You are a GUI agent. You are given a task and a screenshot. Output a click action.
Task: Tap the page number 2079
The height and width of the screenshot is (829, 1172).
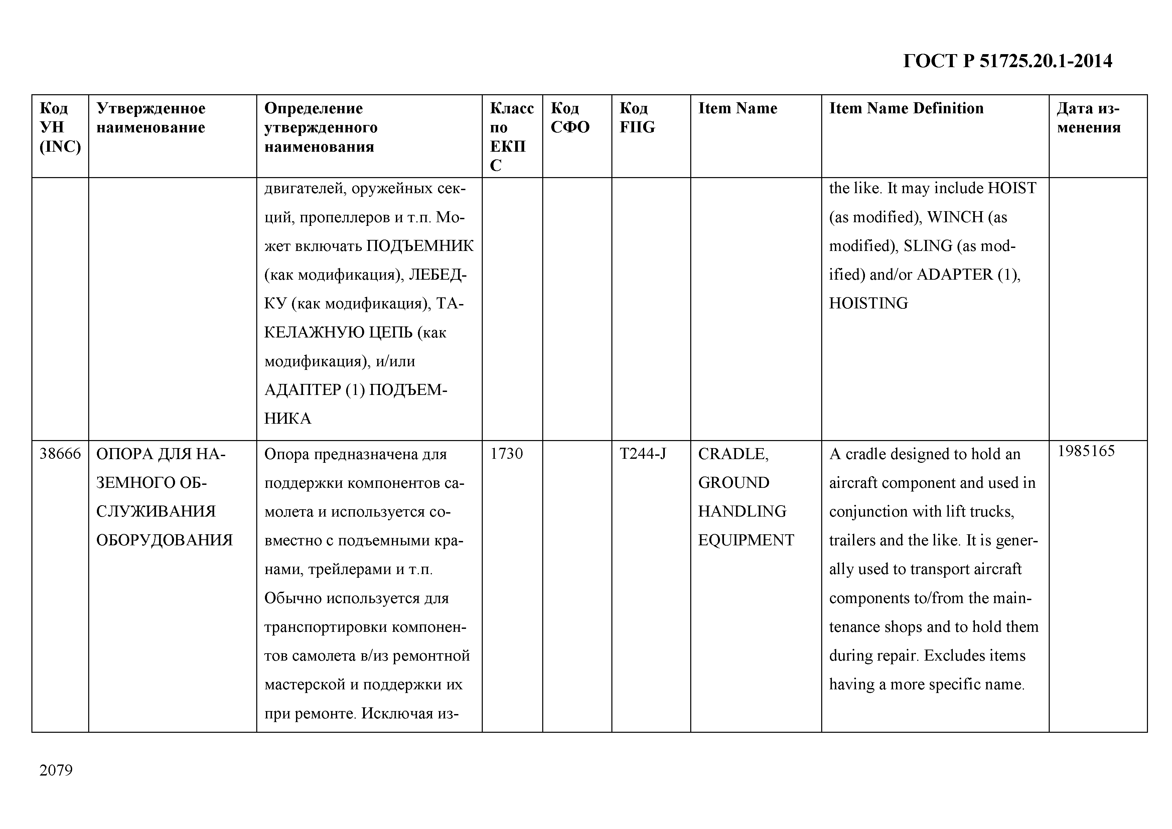(x=56, y=770)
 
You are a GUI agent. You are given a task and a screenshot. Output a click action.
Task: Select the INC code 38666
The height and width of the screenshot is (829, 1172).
(x=60, y=454)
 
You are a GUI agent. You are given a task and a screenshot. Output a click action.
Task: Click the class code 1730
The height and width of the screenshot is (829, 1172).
(x=506, y=454)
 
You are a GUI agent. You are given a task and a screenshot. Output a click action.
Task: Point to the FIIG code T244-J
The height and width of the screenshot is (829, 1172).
(x=643, y=454)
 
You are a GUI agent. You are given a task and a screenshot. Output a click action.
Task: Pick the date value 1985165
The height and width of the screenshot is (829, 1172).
(x=1086, y=451)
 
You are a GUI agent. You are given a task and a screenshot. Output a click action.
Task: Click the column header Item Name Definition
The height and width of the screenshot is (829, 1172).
(x=906, y=108)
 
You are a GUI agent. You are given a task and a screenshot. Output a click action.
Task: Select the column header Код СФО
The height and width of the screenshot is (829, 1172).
(x=570, y=118)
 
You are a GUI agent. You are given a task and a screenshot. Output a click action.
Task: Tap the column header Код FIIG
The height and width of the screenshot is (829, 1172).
(x=637, y=118)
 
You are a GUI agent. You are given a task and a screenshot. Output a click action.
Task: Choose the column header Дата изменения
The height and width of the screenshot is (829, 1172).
(x=1089, y=118)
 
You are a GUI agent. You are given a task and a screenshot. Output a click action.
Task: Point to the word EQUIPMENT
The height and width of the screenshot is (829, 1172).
(x=746, y=540)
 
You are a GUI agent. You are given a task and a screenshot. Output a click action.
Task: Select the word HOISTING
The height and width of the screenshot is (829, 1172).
(x=868, y=303)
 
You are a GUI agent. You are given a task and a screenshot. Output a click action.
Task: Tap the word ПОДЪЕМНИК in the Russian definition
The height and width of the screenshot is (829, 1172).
(x=420, y=246)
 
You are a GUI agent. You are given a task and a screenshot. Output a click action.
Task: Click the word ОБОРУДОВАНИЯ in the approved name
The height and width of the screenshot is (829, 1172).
(x=164, y=540)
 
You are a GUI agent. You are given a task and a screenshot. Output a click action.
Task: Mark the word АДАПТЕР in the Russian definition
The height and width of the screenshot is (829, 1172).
(x=302, y=390)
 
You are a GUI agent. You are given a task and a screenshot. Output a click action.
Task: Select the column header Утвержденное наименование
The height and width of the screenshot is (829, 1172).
(x=151, y=118)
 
